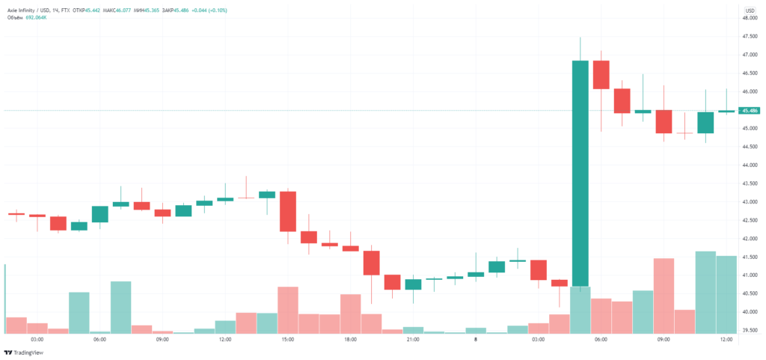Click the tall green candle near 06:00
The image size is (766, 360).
coord(580,172)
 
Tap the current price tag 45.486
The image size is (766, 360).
coord(749,111)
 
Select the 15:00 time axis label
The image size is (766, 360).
coord(287,339)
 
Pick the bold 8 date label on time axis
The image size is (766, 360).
coord(476,339)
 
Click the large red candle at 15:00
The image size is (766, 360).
coord(287,211)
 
